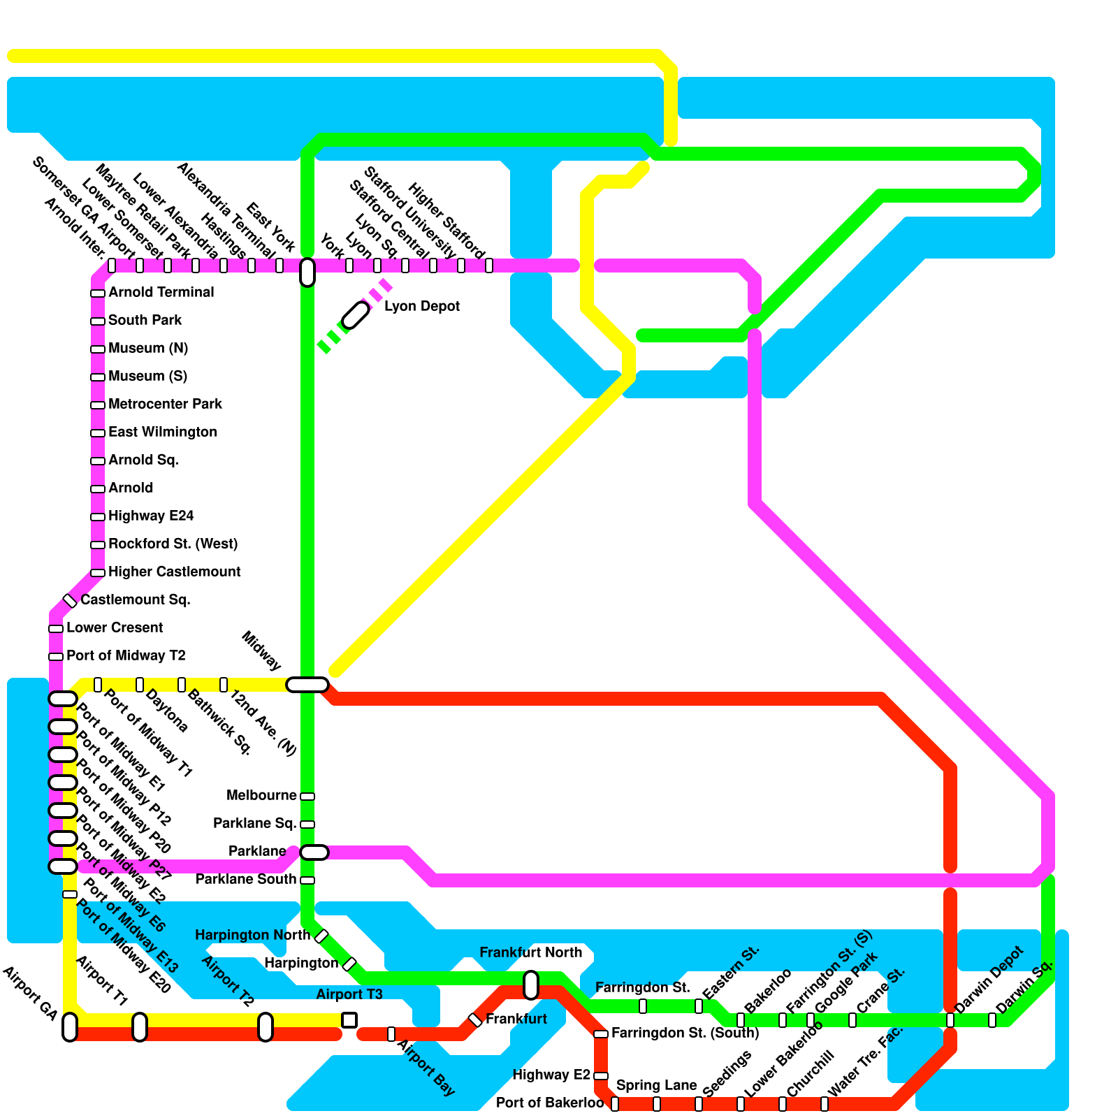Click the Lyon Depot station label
pyautogui.click(x=422, y=307)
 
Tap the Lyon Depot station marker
pyautogui.click(x=356, y=315)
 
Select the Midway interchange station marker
pyautogui.click(x=307, y=685)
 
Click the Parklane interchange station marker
pyautogui.click(x=314, y=852)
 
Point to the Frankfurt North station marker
pyautogui.click(x=531, y=985)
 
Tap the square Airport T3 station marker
pyautogui.click(x=349, y=1020)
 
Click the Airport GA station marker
pyautogui.click(x=70, y=1027)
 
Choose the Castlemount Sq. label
pyautogui.click(x=136, y=600)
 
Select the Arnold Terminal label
pyautogui.click(x=161, y=293)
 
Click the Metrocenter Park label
pyautogui.click(x=165, y=405)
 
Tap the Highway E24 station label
pyautogui.click(x=151, y=516)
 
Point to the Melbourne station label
pyautogui.click(x=262, y=796)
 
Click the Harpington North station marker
pyautogui.click(x=321, y=936)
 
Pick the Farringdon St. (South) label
pyautogui.click(x=685, y=1033)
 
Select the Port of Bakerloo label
pyautogui.click(x=550, y=1103)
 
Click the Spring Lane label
pyautogui.click(x=657, y=1086)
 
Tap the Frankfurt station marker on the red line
pyautogui.click(x=475, y=1020)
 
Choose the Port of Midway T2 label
pyautogui.click(x=126, y=656)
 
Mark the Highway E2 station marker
pyautogui.click(x=601, y=1076)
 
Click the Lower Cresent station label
pyautogui.click(x=115, y=628)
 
